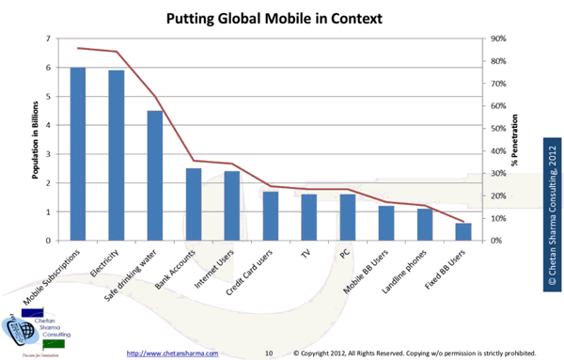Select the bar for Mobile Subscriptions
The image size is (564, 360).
78,154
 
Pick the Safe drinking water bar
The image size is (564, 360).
155,176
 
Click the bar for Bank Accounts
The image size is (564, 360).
194,204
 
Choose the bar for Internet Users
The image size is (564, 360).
231,206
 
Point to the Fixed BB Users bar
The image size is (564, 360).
463,231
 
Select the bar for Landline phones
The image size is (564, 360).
425,225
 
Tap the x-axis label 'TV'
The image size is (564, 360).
304,254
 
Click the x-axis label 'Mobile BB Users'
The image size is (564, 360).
366,273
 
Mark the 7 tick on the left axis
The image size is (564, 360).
48,39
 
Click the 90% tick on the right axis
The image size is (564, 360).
499,39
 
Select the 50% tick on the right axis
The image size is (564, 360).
499,129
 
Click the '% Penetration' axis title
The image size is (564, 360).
515,140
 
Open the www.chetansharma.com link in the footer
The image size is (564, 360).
172,352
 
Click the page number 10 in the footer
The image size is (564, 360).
268,352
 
